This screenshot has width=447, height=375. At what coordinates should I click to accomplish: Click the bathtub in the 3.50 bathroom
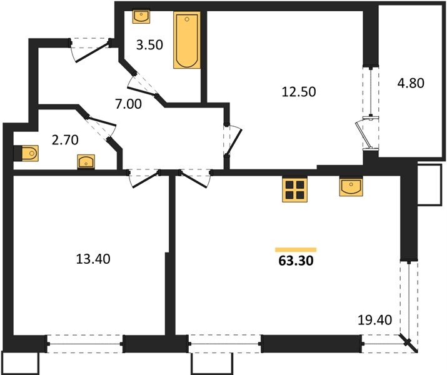pos(187,40)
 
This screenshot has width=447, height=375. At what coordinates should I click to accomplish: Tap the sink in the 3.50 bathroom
pos(142,17)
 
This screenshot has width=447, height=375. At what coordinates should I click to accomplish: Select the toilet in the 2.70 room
pos(27,152)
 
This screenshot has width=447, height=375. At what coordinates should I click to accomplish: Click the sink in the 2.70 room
pos(86,162)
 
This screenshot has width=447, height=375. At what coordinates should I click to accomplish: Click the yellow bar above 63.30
pos(295,249)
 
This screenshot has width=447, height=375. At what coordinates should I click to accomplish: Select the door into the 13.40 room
pos(143,177)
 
